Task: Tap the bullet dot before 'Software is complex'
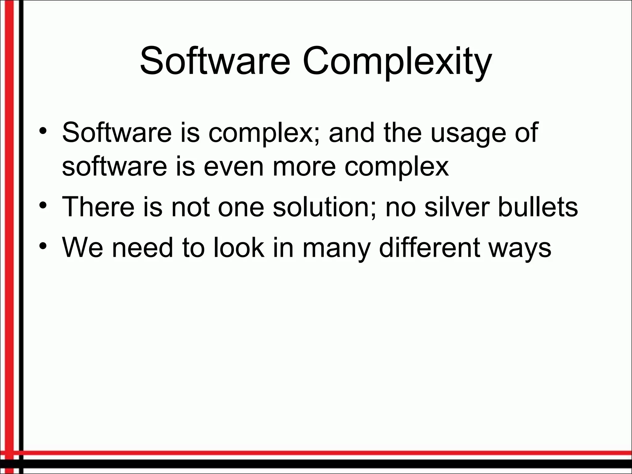(43, 129)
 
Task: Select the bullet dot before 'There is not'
(43, 204)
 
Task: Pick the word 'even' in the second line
(233, 167)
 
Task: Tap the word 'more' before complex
(304, 167)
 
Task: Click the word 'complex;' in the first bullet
(265, 133)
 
